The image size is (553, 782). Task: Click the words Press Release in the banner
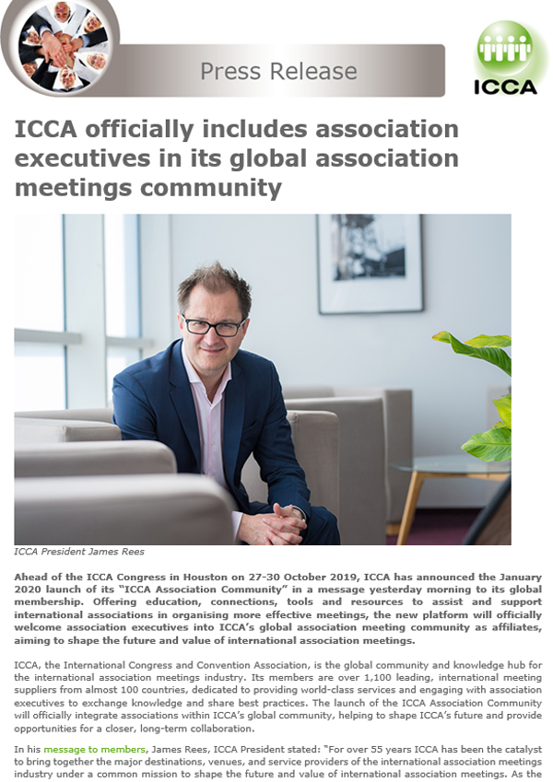[278, 71]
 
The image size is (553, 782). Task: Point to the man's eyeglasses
[213, 325]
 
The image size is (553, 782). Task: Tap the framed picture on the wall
[370, 263]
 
